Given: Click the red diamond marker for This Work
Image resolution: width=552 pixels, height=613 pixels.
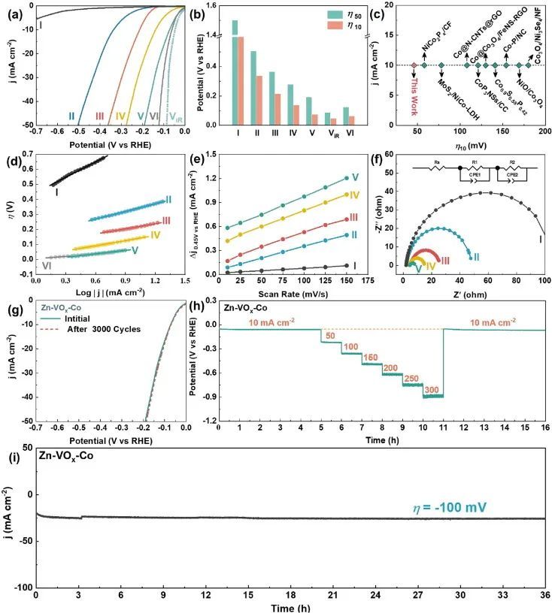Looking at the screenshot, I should tap(414, 65).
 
